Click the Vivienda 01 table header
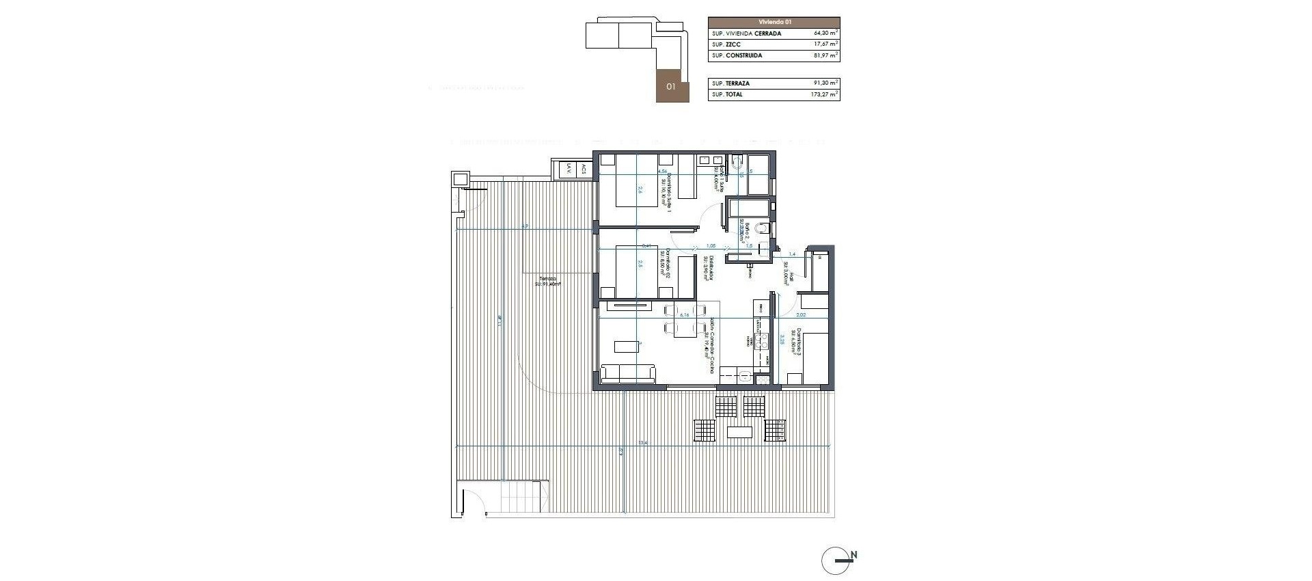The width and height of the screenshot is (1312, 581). (774, 22)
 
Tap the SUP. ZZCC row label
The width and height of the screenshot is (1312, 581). (726, 44)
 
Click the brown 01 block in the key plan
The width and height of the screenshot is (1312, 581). (670, 86)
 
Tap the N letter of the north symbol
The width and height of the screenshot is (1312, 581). (854, 555)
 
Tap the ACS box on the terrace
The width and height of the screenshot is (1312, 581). (583, 169)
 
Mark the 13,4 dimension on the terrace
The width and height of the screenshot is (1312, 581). (642, 444)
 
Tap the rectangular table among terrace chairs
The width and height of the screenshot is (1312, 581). (739, 432)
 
